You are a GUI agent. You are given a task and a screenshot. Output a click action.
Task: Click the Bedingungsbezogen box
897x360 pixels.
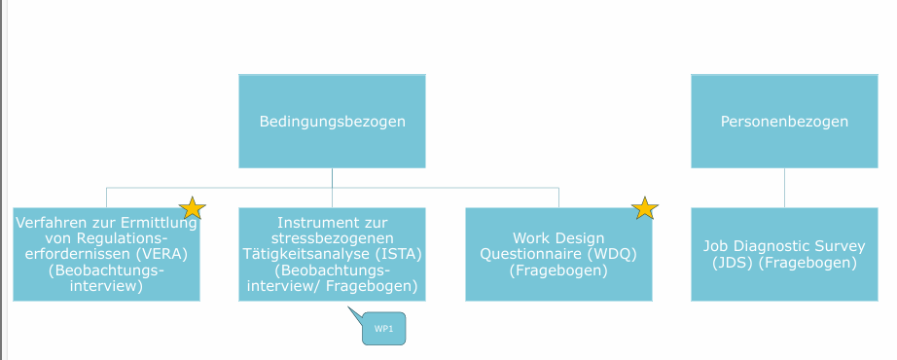(332, 122)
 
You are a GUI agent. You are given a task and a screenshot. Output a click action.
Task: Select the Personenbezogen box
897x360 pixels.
(784, 122)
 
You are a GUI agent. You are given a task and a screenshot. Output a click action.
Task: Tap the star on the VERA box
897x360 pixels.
(193, 207)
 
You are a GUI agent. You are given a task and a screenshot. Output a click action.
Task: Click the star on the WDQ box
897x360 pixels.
(645, 207)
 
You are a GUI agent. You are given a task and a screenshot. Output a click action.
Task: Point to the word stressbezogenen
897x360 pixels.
(332, 237)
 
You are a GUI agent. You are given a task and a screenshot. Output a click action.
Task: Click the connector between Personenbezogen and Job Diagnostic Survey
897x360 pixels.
(784, 187)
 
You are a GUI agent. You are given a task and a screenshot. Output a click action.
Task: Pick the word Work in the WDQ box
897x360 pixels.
(531, 237)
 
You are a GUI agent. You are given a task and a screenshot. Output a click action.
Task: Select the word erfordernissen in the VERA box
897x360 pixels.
(72, 254)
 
